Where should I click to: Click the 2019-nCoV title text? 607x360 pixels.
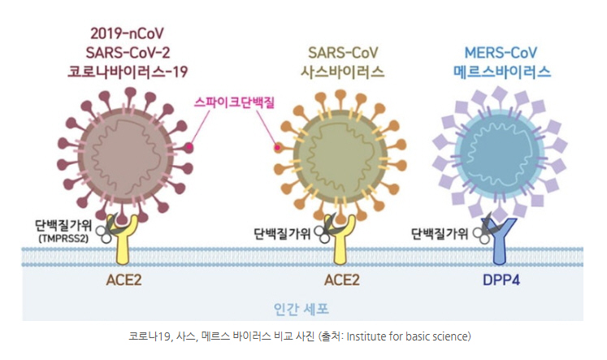[x=127, y=33]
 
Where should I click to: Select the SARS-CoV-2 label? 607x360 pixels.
[x=128, y=53]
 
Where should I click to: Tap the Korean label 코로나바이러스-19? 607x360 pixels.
[x=128, y=72]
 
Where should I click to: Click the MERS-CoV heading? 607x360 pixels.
[x=501, y=53]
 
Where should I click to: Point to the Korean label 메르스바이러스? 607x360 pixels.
[x=501, y=72]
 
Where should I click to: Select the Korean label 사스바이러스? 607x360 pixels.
[x=343, y=72]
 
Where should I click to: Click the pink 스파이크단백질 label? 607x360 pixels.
[x=234, y=102]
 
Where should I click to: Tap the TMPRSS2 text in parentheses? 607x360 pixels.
[x=63, y=238]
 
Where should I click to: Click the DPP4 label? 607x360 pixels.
[x=501, y=280]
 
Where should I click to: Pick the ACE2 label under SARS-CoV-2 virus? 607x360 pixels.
[x=124, y=280]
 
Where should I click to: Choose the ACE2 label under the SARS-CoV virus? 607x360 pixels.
[x=342, y=280]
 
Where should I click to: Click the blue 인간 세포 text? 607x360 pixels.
[x=301, y=309]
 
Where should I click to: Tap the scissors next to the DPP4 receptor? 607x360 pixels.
[x=484, y=229]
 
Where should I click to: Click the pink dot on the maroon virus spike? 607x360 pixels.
[x=189, y=147]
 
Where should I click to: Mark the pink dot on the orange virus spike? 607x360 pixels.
[x=278, y=147]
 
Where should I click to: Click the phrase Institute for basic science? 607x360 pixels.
[x=407, y=336]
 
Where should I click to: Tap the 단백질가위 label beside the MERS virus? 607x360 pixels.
[x=440, y=233]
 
